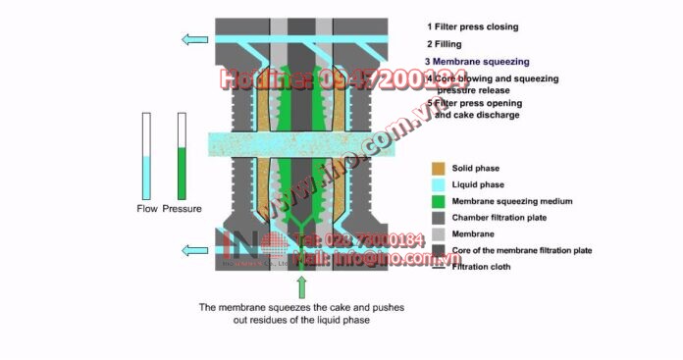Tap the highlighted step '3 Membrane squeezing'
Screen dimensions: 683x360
(x=477, y=61)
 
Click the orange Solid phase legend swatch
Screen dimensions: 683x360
(x=439, y=169)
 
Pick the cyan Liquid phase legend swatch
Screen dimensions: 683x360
(x=439, y=185)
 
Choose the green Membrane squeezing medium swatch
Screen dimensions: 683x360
(x=439, y=202)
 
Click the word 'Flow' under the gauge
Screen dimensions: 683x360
(x=147, y=209)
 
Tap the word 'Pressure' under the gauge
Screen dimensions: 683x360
(x=182, y=209)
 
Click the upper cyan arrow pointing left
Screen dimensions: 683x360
(x=192, y=39)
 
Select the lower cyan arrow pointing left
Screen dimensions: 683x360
(x=192, y=251)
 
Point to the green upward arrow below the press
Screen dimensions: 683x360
(x=301, y=287)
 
